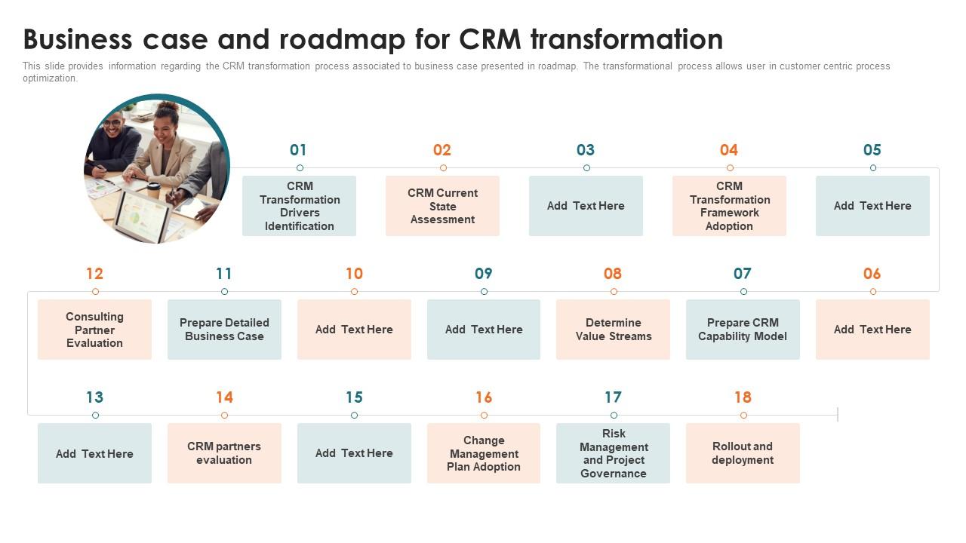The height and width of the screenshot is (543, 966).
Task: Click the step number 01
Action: [298, 150]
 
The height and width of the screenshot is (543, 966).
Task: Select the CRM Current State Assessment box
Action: [442, 206]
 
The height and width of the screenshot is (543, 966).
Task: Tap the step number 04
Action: [728, 150]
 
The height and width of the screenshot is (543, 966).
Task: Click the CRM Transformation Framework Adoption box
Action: [729, 206]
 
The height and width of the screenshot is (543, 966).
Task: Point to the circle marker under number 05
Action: [872, 168]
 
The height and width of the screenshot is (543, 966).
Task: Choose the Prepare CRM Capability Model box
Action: [743, 330]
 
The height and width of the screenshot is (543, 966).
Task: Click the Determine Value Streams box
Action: [613, 330]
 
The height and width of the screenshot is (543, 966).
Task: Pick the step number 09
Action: [484, 274]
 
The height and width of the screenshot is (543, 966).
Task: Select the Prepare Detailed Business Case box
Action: [224, 330]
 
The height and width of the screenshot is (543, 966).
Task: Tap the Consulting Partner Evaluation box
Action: [94, 330]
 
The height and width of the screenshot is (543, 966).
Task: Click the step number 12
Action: [94, 274]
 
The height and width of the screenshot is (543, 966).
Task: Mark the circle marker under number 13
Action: [95, 416]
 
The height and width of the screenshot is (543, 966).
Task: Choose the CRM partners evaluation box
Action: [224, 453]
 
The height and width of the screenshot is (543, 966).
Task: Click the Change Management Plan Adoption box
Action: [484, 453]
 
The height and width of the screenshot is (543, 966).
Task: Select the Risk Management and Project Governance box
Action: [613, 453]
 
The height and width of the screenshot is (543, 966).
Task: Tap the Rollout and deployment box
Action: [743, 453]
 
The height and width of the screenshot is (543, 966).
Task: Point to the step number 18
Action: [743, 397]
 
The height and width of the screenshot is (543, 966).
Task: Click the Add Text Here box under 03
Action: [586, 206]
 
